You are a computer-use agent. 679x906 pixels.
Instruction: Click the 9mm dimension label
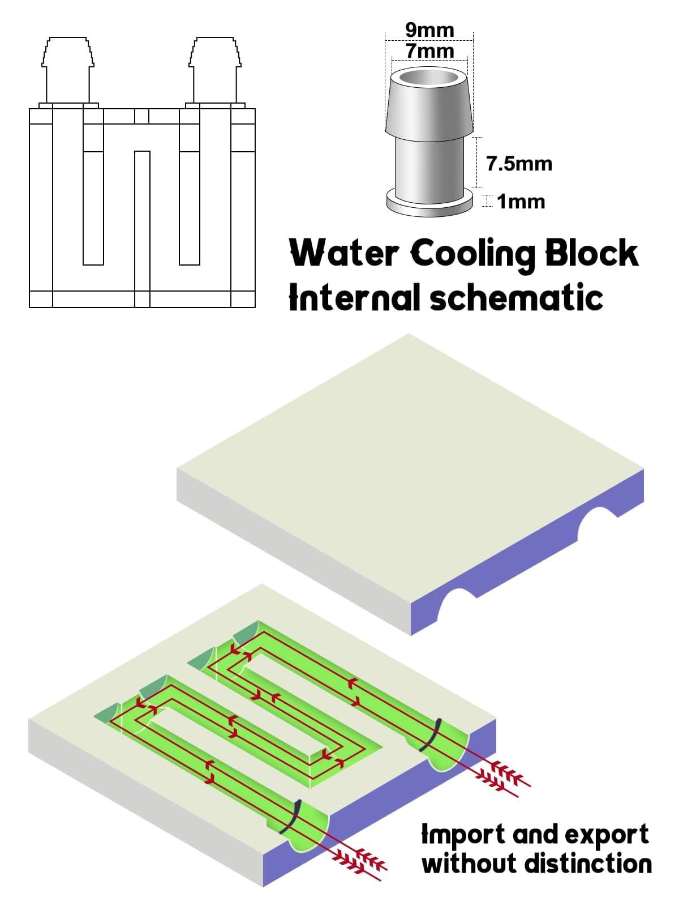tap(429, 30)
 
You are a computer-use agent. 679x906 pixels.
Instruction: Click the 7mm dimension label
tap(429, 51)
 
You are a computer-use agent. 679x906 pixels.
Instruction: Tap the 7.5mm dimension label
tap(519, 164)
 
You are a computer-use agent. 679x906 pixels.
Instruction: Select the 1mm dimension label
tap(521, 202)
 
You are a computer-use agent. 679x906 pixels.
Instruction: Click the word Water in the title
tap(345, 253)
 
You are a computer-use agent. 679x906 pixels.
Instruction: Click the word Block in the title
tap(591, 253)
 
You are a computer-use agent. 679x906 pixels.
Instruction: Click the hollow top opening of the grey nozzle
tap(429, 77)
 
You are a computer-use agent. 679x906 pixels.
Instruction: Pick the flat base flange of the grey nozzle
tap(429, 204)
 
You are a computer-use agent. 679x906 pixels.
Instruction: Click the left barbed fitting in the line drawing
tap(68, 71)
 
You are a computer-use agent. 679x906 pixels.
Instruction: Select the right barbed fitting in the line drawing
tap(215, 71)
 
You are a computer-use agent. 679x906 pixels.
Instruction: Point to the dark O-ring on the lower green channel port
tap(290, 817)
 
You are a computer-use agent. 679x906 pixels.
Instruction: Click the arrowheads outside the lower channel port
tap(362, 861)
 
